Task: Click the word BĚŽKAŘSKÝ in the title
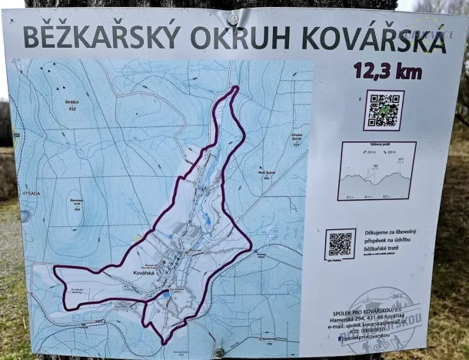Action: (101, 35)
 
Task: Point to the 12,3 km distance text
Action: (388, 71)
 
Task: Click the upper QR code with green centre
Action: (384, 110)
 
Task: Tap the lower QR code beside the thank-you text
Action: (340, 244)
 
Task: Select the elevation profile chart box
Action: (377, 171)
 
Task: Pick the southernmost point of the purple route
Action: (164, 342)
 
